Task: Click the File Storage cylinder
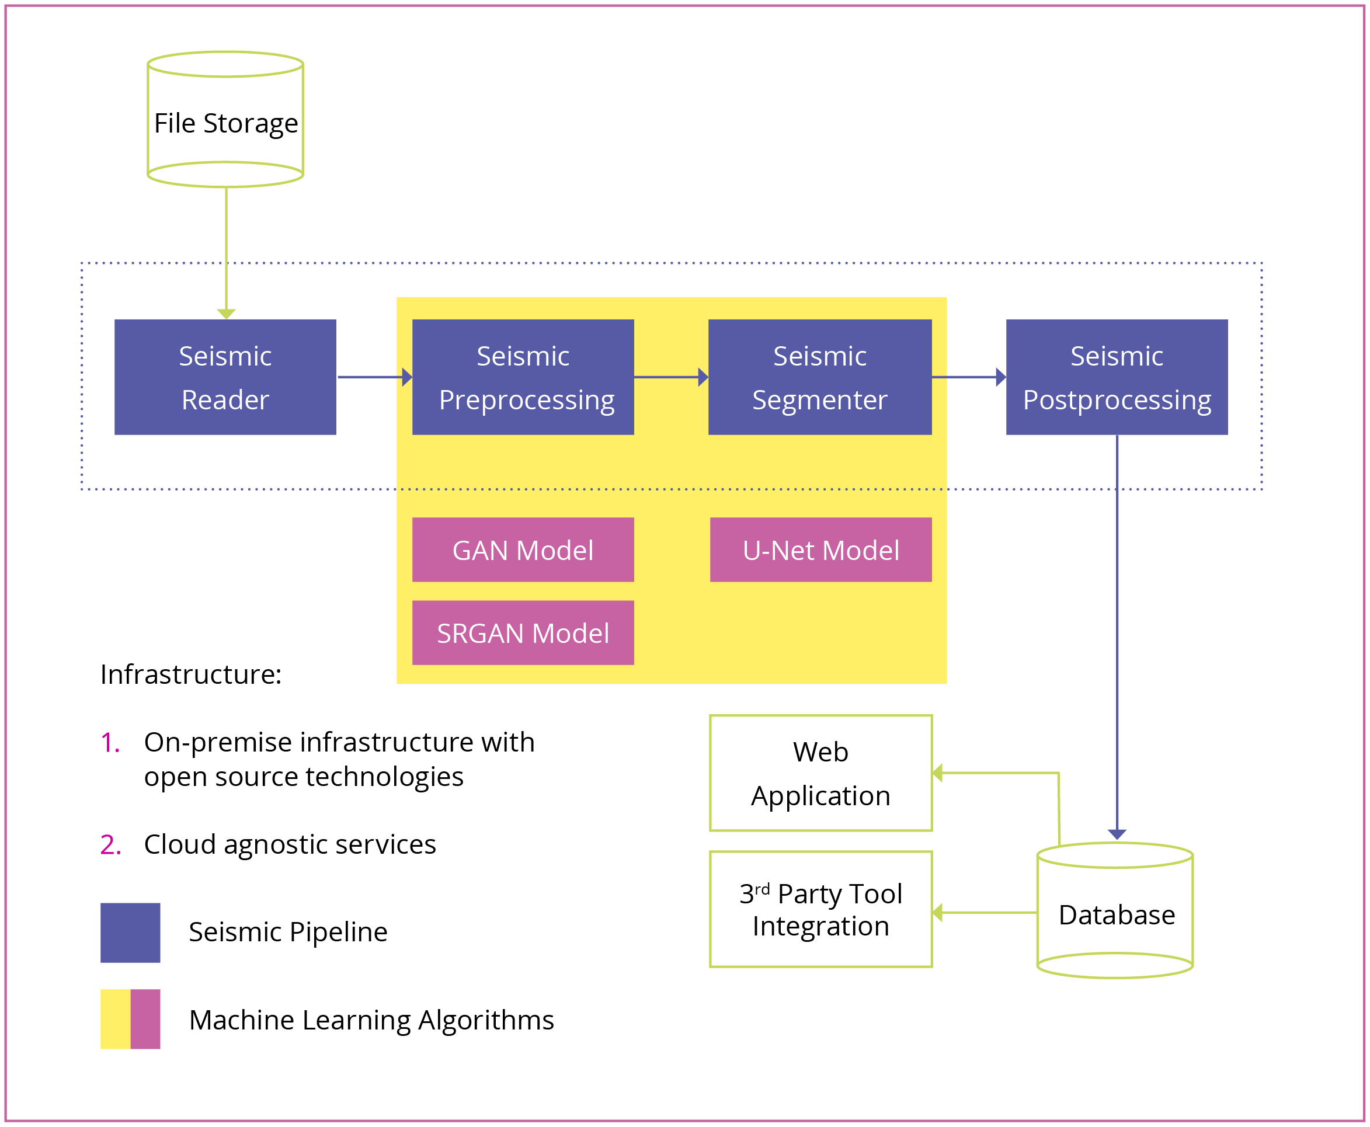(x=225, y=120)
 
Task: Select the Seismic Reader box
(x=225, y=377)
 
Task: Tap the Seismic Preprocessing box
(x=523, y=377)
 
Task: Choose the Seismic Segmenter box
(x=819, y=377)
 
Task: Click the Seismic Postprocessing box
(x=1116, y=377)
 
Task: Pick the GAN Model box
(x=523, y=550)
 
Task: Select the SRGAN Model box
(x=523, y=633)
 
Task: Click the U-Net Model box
(x=820, y=550)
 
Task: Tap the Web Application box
(x=820, y=773)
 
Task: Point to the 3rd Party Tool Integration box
(x=820, y=910)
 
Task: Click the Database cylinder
(x=1115, y=912)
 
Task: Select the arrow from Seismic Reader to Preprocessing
(x=374, y=377)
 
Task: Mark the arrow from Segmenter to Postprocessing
(x=968, y=377)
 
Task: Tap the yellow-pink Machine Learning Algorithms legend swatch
(x=130, y=1019)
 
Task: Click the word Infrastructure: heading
(x=191, y=674)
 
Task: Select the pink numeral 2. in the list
(x=110, y=844)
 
